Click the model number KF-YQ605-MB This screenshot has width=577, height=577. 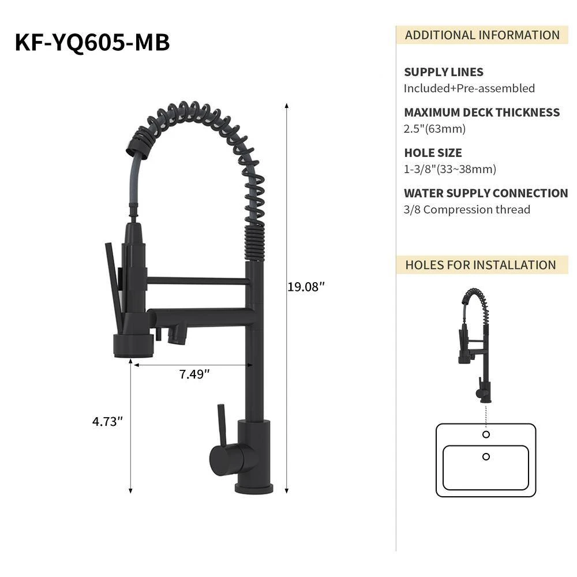92,43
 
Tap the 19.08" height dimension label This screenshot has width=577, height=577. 306,287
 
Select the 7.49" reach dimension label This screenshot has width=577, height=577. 194,374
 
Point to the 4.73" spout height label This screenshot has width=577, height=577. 108,421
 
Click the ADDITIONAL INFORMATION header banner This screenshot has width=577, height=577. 482,35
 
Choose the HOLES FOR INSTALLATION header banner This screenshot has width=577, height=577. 480,265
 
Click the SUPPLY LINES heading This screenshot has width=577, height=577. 443,72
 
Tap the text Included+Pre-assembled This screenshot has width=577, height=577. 469,88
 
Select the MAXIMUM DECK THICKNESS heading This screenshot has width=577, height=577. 482,113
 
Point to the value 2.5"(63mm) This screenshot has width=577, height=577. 434,129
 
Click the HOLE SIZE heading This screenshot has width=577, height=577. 433,153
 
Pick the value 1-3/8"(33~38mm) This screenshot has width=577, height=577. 449,169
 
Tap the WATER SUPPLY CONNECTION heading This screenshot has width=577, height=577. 486,193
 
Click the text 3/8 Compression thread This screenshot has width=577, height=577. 467,209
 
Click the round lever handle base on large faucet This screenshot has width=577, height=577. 222,459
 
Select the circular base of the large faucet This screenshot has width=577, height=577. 254,488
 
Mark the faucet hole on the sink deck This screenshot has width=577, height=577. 486,434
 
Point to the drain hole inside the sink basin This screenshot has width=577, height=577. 486,456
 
